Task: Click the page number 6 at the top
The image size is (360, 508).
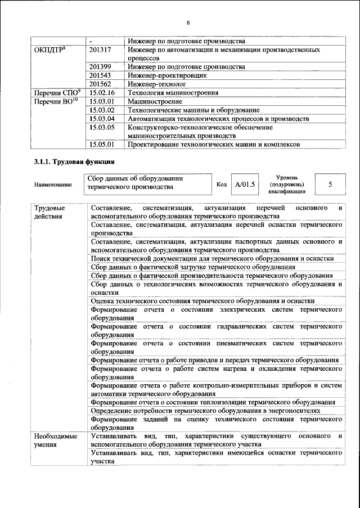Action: (188, 22)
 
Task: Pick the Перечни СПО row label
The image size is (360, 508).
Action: (58, 92)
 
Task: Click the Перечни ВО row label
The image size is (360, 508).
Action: (57, 101)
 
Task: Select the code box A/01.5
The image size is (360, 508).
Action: (245, 184)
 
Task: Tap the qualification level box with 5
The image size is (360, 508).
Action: (330, 184)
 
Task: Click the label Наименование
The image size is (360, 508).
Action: (53, 184)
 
